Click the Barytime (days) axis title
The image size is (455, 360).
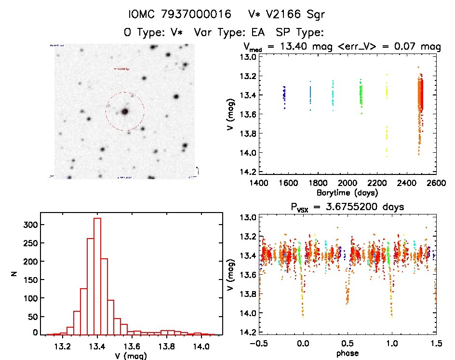347,193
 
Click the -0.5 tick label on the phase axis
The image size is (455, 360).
257,344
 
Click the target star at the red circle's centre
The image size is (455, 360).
125,111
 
